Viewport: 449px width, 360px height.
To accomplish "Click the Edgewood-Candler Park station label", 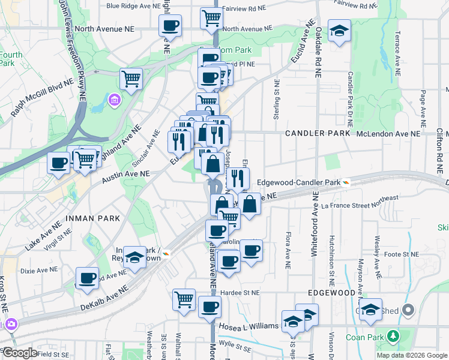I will pos(298,182).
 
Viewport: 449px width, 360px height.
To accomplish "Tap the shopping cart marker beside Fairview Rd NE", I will pos(211,18).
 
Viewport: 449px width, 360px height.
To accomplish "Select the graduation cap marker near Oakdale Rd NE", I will pos(339,30).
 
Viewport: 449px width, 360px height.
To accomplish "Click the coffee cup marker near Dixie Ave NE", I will pos(88,278).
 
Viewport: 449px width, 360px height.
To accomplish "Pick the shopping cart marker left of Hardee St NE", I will pos(184,298).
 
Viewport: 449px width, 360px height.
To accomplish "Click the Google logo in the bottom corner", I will pos(20,353).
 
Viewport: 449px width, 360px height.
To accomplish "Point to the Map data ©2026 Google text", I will pos(411,355).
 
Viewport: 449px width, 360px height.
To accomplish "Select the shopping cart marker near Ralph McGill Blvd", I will pos(130,78).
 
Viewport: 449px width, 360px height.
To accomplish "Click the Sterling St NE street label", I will pos(277,100).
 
